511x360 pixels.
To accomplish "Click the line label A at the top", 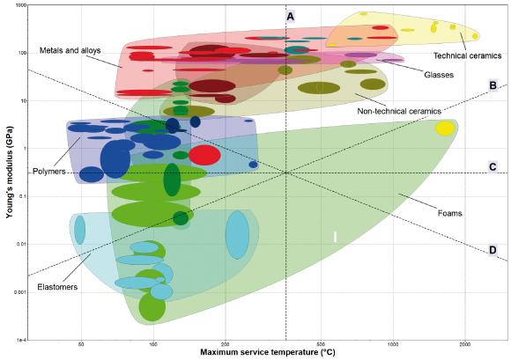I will click(290, 16).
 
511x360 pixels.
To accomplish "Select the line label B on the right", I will click(493, 86).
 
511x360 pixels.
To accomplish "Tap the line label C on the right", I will click(493, 167).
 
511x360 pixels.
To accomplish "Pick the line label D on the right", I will click(492, 250).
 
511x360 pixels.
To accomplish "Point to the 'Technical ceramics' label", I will click(468, 55).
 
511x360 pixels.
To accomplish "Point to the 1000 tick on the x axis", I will click(392, 344).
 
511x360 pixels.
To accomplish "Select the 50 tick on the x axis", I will click(81, 344).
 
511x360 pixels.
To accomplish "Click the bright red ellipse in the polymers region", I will click(204, 156).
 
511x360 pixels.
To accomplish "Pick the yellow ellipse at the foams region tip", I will click(446, 129).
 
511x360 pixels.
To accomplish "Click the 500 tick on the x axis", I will click(321, 344).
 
